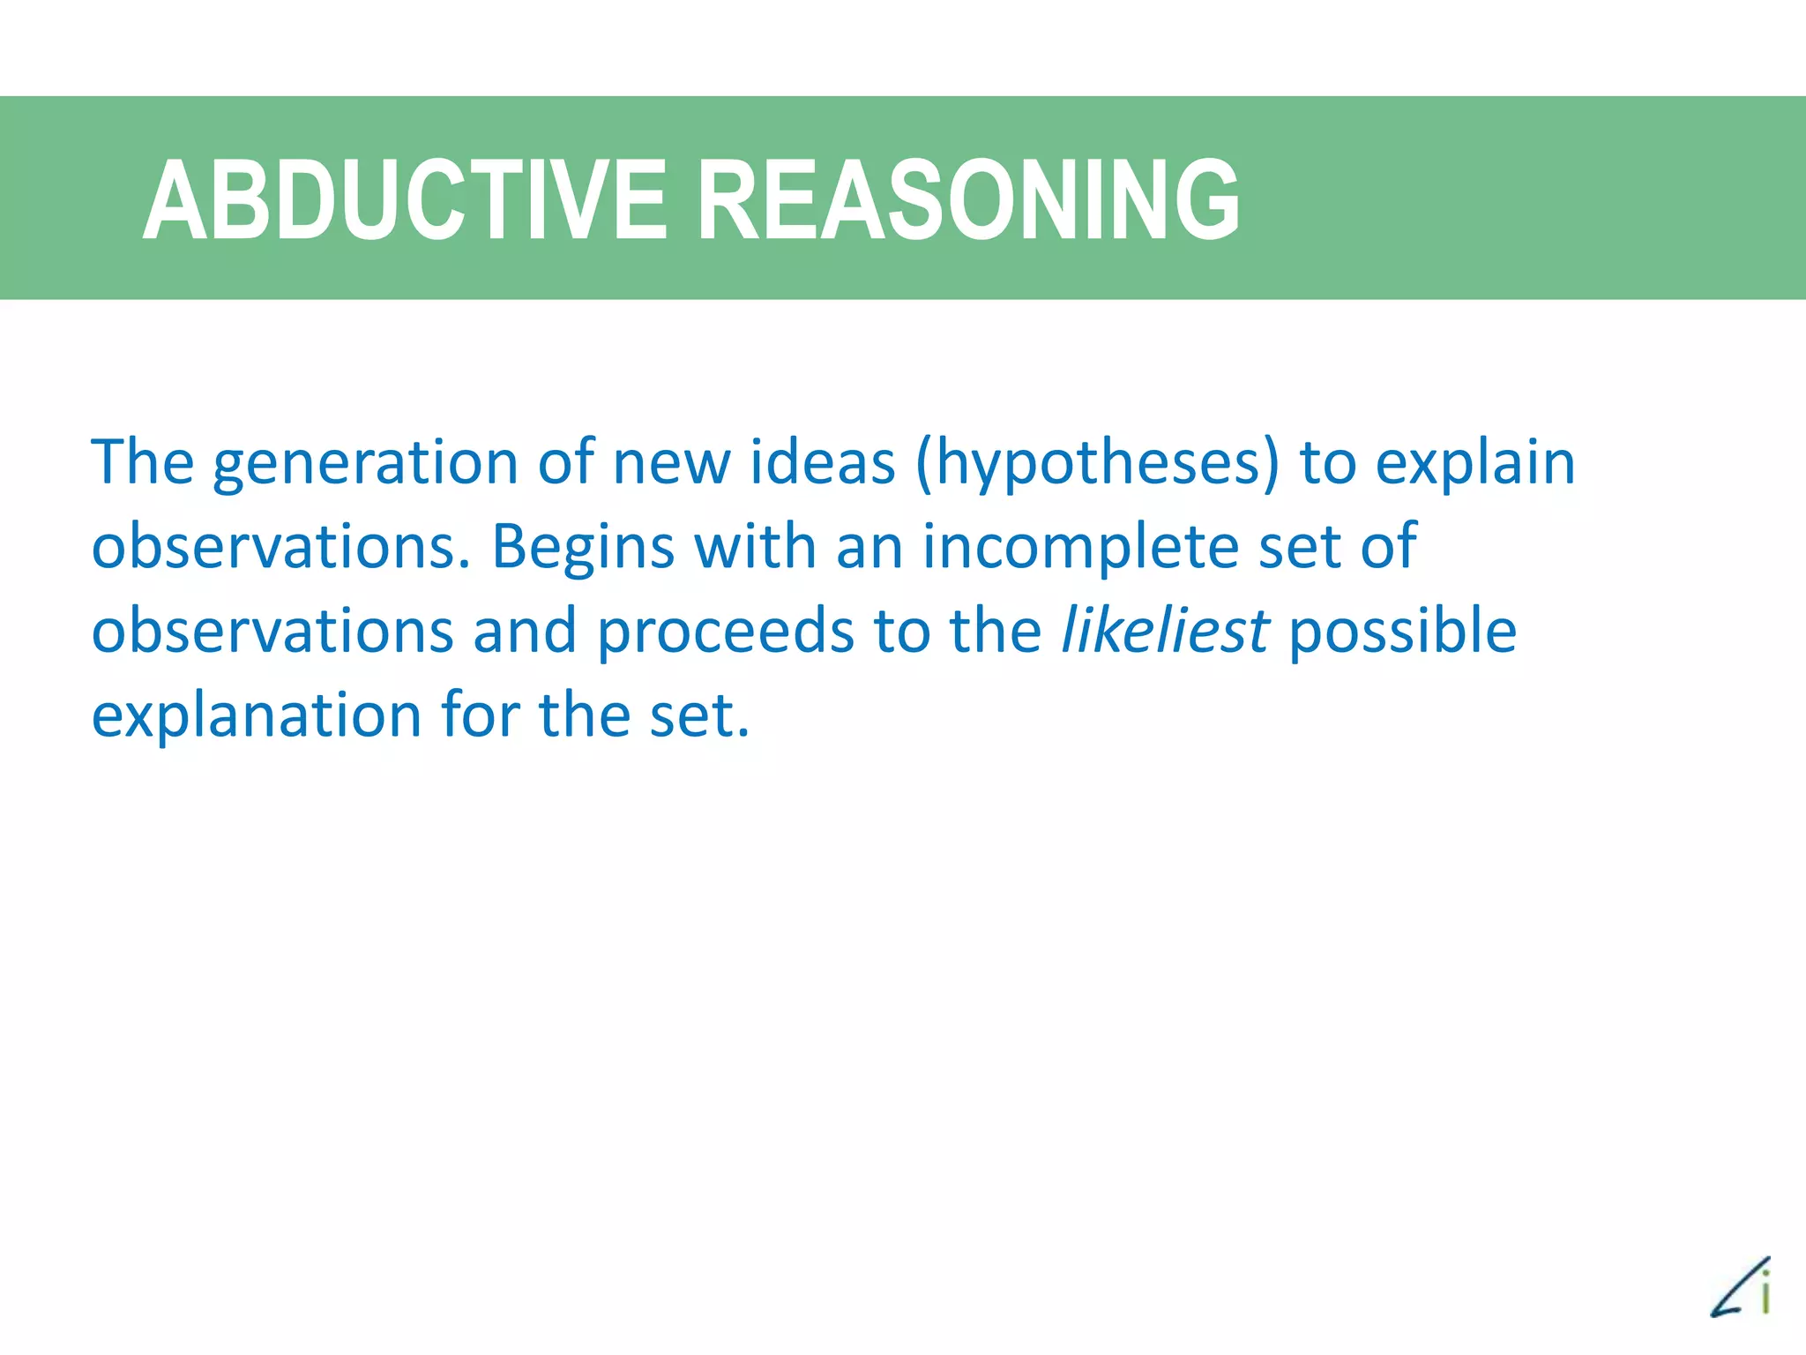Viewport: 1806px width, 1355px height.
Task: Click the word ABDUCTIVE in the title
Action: point(404,200)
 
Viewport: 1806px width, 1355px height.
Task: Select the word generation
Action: point(365,464)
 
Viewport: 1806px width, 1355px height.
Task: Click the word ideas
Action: point(823,462)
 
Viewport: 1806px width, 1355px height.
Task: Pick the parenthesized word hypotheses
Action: point(1097,464)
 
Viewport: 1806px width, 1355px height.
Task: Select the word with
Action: point(755,546)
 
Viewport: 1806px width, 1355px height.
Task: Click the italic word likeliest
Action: point(1165,631)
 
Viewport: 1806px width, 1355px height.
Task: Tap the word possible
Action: point(1402,633)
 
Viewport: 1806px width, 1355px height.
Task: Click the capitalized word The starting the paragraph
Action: point(142,462)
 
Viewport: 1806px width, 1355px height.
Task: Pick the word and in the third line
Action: point(525,631)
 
